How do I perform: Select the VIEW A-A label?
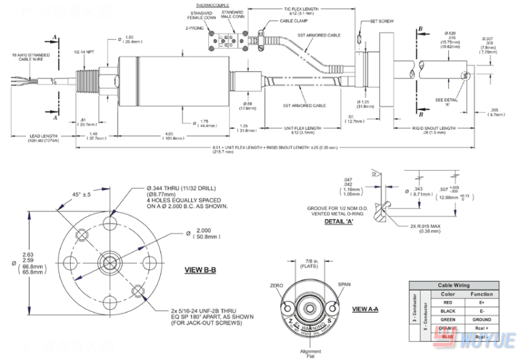click(x=365, y=309)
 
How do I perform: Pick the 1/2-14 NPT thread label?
click(x=82, y=52)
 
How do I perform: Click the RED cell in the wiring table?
click(x=447, y=302)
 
